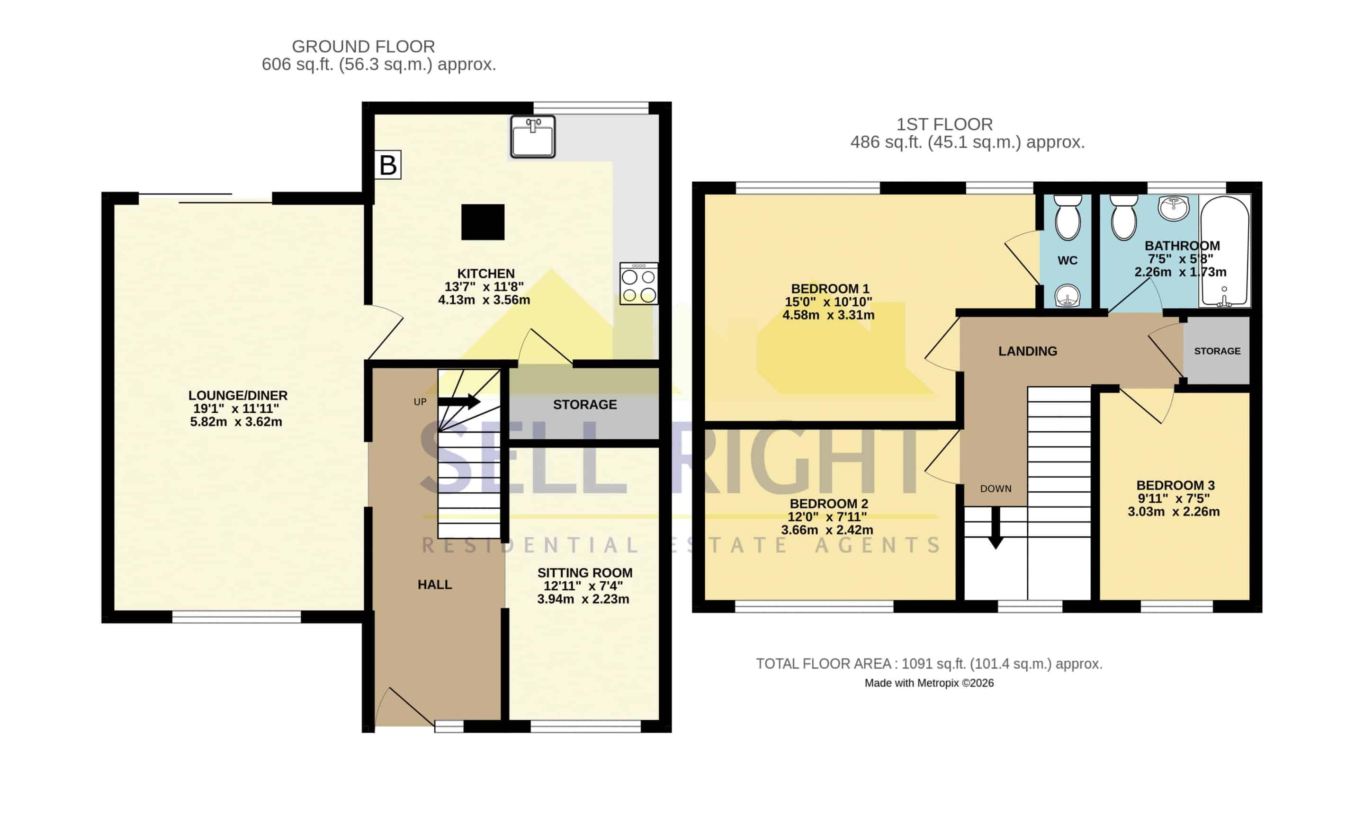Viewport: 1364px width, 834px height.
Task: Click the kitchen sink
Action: [532, 137]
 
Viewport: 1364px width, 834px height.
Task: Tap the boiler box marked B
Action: [387, 165]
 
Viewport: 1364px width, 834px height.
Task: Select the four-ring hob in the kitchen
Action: [639, 284]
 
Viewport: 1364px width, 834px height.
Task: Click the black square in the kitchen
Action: [483, 222]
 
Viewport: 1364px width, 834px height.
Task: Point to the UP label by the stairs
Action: [420, 402]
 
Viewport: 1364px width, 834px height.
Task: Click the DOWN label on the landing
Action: [996, 488]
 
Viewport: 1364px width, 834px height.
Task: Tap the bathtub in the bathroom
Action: [1224, 251]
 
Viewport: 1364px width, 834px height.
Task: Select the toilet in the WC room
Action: [1068, 217]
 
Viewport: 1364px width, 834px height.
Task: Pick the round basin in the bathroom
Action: [1173, 208]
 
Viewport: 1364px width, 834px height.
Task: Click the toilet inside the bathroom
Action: [1124, 217]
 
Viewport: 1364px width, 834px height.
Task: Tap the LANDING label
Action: [1027, 351]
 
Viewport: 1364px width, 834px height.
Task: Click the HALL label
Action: [435, 585]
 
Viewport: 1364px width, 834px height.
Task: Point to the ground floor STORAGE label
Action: [584, 405]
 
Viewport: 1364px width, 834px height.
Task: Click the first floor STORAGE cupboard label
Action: [1217, 351]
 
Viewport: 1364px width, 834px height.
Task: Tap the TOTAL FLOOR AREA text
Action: [929, 664]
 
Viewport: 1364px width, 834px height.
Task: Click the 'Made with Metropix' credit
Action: [929, 683]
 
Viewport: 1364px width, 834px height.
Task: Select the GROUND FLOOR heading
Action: [363, 46]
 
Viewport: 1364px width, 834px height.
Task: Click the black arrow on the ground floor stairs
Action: [459, 401]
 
